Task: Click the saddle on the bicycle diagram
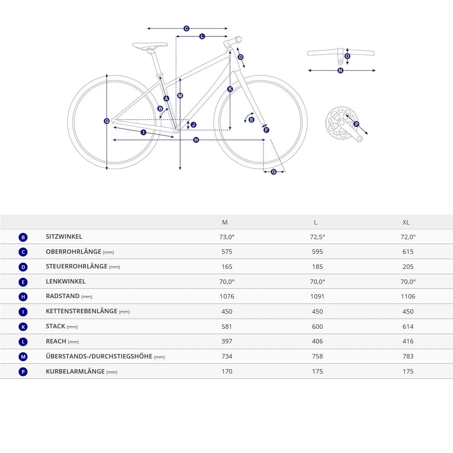pyautogui.click(x=150, y=45)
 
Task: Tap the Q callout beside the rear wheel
pyautogui.click(x=106, y=121)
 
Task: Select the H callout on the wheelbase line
pyautogui.click(x=196, y=140)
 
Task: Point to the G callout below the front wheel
pyautogui.click(x=273, y=172)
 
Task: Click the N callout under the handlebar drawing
pyautogui.click(x=340, y=71)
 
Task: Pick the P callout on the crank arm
pyautogui.click(x=356, y=124)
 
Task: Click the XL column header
pyautogui.click(x=406, y=222)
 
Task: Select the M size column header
pyautogui.click(x=225, y=222)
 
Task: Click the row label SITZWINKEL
pyautogui.click(x=64, y=237)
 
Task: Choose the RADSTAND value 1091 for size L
pyautogui.click(x=317, y=296)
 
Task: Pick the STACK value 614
pyautogui.click(x=408, y=327)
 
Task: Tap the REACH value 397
pyautogui.click(x=227, y=341)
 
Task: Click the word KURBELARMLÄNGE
pyautogui.click(x=75, y=371)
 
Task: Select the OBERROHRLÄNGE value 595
pyautogui.click(x=317, y=252)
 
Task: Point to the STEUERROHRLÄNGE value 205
pyautogui.click(x=408, y=267)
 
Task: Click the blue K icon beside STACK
pyautogui.click(x=24, y=327)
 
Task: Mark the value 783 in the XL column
pyautogui.click(x=408, y=356)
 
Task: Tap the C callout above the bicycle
pyautogui.click(x=186, y=28)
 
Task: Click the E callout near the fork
pyautogui.click(x=252, y=120)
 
